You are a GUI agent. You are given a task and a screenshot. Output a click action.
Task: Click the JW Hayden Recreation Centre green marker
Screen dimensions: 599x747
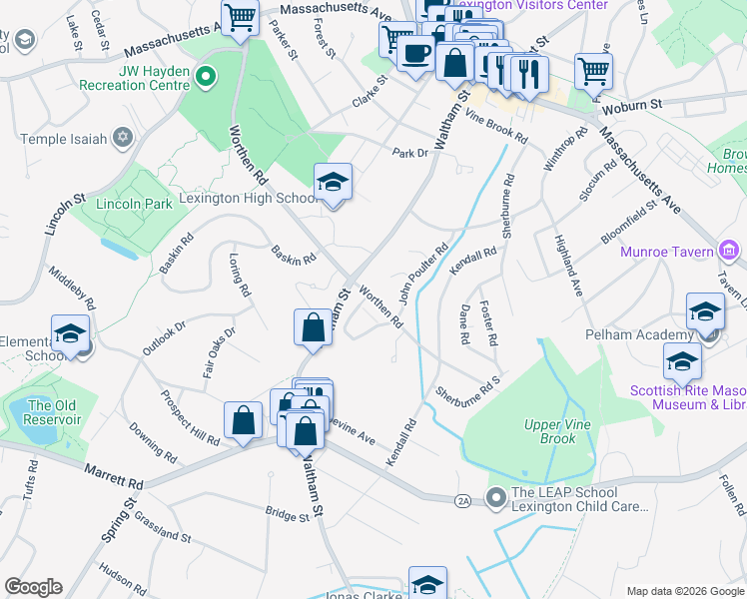(206, 75)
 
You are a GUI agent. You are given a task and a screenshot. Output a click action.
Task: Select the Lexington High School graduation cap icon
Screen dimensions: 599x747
(334, 182)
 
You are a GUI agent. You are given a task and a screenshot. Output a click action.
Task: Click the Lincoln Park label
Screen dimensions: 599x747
(135, 204)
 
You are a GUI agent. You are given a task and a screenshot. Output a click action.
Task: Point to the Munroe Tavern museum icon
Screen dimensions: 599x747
(729, 251)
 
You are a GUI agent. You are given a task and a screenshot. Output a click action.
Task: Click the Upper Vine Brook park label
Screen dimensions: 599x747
(550, 431)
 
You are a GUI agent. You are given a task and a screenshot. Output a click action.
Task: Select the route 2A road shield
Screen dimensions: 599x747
(461, 499)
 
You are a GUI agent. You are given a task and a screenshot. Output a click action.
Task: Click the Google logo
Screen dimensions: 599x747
(33, 587)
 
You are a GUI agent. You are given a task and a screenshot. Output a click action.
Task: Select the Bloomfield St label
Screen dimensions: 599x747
(629, 222)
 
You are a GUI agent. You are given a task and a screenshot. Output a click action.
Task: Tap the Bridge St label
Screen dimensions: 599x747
(288, 514)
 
